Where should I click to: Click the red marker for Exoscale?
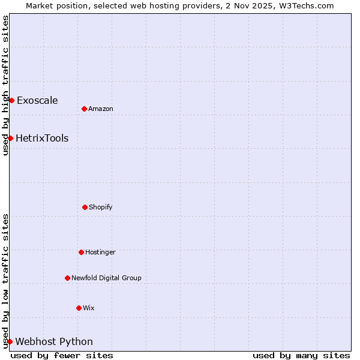(x=11, y=100)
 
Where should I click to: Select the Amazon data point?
(x=84, y=109)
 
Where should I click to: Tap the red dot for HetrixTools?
(x=10, y=138)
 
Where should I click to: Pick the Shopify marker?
(x=85, y=207)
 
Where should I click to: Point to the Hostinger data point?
(x=81, y=252)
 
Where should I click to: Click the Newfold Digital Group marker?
(x=67, y=278)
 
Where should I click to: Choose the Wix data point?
(x=79, y=308)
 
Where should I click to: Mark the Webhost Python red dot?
(x=10, y=341)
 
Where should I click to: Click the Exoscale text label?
(x=37, y=100)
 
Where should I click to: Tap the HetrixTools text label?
(x=42, y=138)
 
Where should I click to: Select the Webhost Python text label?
(x=54, y=341)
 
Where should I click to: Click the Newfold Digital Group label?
(x=106, y=278)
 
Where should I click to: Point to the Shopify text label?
(x=100, y=207)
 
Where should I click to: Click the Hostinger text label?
(x=100, y=252)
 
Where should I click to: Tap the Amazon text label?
(x=100, y=109)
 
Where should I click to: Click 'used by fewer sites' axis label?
(x=62, y=355)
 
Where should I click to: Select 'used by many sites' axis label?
(x=301, y=355)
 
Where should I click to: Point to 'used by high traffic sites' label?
(x=5, y=85)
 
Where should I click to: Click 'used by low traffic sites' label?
(x=5, y=281)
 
